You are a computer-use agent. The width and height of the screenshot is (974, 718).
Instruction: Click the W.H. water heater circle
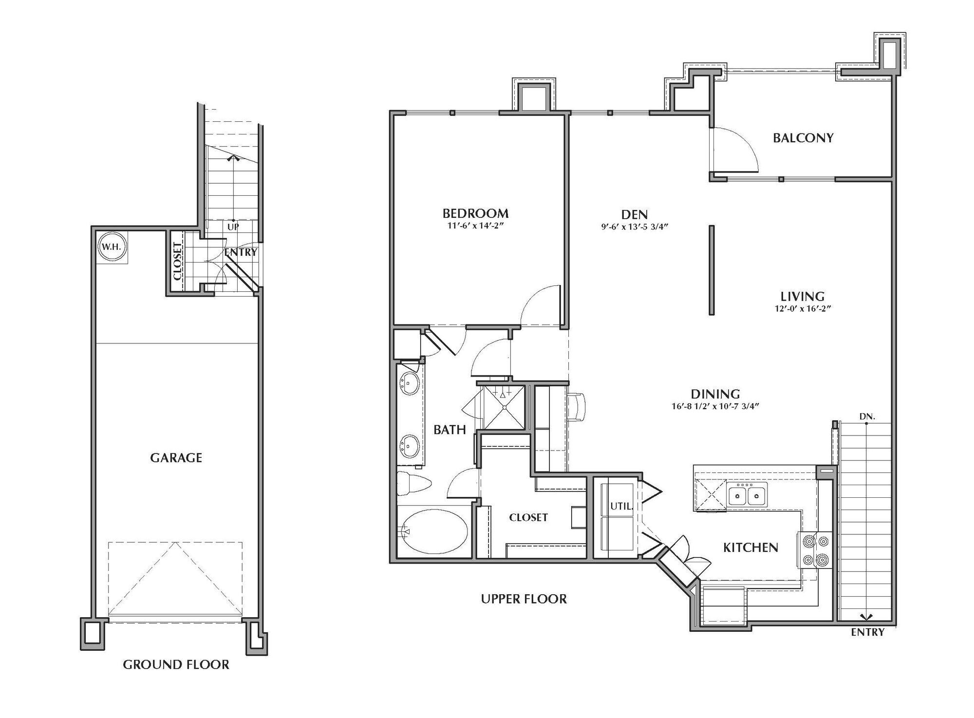111,247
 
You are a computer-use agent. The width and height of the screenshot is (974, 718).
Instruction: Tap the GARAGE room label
176,458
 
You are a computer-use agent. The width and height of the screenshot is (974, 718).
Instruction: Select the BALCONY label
803,138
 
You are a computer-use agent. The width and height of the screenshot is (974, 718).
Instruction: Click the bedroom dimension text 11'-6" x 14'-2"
475,226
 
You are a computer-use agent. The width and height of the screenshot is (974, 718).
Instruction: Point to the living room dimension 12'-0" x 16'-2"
802,308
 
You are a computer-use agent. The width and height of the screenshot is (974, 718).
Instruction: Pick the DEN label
634,214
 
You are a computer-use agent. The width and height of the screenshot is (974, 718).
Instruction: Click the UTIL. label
621,507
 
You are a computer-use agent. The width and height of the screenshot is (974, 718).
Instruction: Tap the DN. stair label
867,417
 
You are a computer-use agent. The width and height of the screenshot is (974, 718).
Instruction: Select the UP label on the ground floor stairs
233,227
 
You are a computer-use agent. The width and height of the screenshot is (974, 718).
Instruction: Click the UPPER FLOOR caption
524,599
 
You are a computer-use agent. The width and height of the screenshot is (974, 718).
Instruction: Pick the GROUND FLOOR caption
176,665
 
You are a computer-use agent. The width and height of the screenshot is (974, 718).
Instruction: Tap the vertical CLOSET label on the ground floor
177,261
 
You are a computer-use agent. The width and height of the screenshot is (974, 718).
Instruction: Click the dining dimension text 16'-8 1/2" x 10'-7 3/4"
715,406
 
